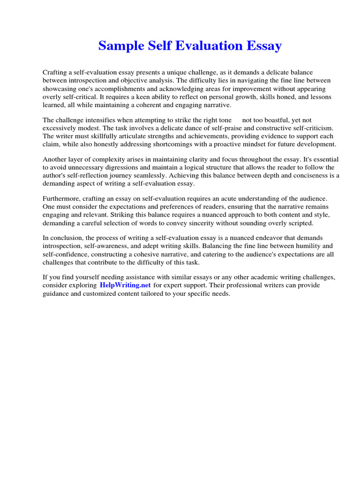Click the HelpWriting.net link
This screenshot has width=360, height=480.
click(x=125, y=285)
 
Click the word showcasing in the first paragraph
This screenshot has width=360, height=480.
click(x=59, y=89)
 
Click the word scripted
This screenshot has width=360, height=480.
click(x=301, y=223)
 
